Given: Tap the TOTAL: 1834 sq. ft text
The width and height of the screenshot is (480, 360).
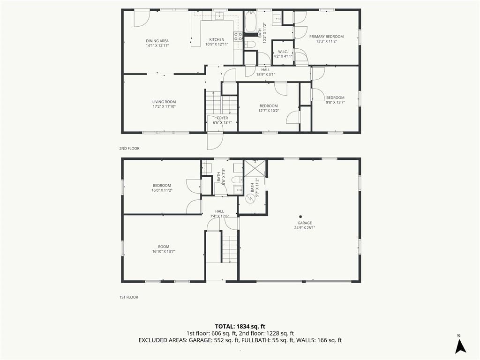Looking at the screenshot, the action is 240,326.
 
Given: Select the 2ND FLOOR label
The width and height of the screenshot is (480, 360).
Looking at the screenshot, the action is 129,149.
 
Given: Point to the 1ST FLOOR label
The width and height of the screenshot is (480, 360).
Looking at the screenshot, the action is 128,297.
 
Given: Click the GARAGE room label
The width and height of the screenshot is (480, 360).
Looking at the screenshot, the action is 305,223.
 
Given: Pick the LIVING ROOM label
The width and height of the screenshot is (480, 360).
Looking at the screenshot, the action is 164,102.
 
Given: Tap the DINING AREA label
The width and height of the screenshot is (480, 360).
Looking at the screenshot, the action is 157,41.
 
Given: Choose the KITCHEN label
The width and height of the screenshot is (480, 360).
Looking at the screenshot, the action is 217,39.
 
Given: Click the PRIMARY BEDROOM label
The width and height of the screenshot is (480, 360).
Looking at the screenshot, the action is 326,37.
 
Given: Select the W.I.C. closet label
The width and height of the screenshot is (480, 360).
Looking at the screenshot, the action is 283,52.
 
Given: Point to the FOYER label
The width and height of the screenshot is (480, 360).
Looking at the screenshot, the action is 222,118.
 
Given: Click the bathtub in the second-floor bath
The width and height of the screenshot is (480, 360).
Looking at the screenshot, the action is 251,22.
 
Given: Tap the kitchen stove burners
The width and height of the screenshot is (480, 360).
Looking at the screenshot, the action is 238,37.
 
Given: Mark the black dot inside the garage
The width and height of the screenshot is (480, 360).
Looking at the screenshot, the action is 300,217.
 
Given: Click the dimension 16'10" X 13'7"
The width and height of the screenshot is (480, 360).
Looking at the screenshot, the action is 164,252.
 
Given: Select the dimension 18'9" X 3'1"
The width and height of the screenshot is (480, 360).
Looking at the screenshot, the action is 266,74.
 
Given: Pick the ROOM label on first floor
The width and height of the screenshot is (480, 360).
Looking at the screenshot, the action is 164,247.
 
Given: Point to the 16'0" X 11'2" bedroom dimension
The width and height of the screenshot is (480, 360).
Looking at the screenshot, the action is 162,190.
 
